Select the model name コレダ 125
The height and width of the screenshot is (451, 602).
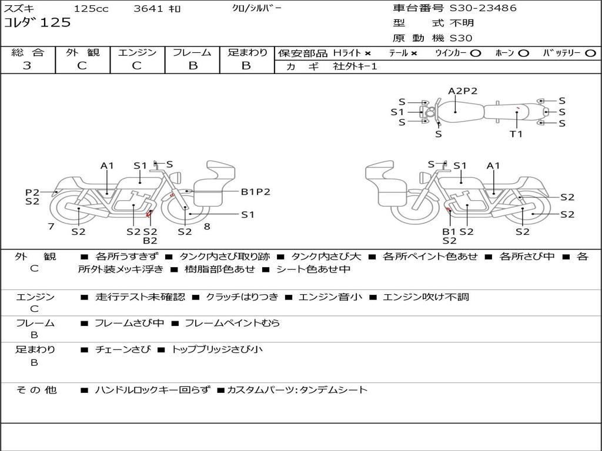click(37, 23)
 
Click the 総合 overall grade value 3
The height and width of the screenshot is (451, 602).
click(27, 66)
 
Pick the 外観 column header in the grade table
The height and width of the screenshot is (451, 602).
click(82, 53)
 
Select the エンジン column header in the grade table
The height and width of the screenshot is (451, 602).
click(137, 53)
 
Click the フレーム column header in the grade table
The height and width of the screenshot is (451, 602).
click(192, 53)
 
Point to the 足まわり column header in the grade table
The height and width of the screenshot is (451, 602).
click(247, 53)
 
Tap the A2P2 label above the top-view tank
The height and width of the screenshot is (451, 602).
click(463, 91)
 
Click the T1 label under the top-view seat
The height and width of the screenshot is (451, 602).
click(516, 134)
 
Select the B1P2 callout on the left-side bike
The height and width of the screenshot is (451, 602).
click(256, 191)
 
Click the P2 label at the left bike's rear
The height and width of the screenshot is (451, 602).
click(32, 192)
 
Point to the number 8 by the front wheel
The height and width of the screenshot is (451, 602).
click(207, 225)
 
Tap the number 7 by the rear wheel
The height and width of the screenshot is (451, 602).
click(51, 225)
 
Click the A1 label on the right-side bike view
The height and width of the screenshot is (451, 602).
click(493, 166)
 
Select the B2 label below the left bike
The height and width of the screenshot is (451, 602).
click(150, 240)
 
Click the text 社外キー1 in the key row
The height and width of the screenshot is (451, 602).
click(355, 66)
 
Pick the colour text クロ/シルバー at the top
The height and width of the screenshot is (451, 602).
click(256, 8)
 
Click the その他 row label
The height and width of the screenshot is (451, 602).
click(36, 390)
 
